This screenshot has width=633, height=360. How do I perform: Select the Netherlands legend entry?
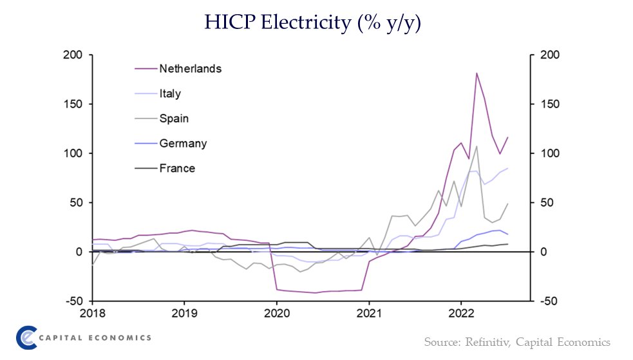pos(190,68)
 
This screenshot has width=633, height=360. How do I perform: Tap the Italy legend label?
pos(170,93)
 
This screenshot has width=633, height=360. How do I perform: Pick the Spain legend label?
pos(173,118)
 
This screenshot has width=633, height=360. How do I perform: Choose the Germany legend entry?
pos(183,144)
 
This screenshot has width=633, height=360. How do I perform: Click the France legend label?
pos(176,169)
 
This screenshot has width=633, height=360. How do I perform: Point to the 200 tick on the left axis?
pos(74,55)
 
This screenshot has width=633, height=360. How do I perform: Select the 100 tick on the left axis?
pos(74,154)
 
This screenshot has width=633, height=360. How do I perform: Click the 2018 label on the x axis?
pos(93,314)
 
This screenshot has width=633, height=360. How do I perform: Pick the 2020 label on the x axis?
pos(277,314)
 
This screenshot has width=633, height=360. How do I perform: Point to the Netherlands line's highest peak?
pos(477,73)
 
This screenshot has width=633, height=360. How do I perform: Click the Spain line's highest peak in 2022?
pos(477,146)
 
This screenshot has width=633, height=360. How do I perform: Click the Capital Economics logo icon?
pos(26,337)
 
